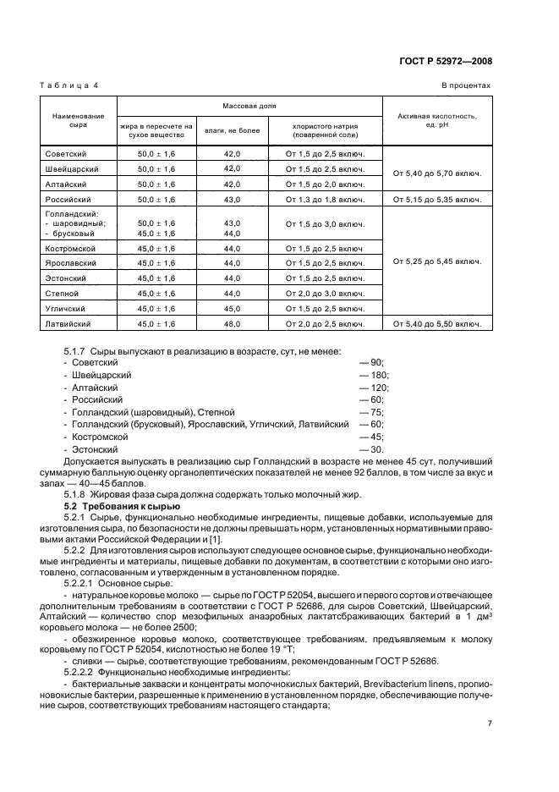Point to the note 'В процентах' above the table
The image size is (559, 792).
[465, 85]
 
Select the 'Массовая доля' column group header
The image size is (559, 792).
[249, 107]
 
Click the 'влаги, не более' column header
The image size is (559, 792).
[232, 130]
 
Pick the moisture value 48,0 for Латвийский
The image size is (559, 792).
[232, 323]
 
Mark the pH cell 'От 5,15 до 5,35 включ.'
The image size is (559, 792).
[437, 199]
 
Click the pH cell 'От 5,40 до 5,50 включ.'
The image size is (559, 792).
[437, 323]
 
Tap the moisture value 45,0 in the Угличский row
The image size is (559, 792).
[232, 308]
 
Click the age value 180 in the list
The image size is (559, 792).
[376, 375]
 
